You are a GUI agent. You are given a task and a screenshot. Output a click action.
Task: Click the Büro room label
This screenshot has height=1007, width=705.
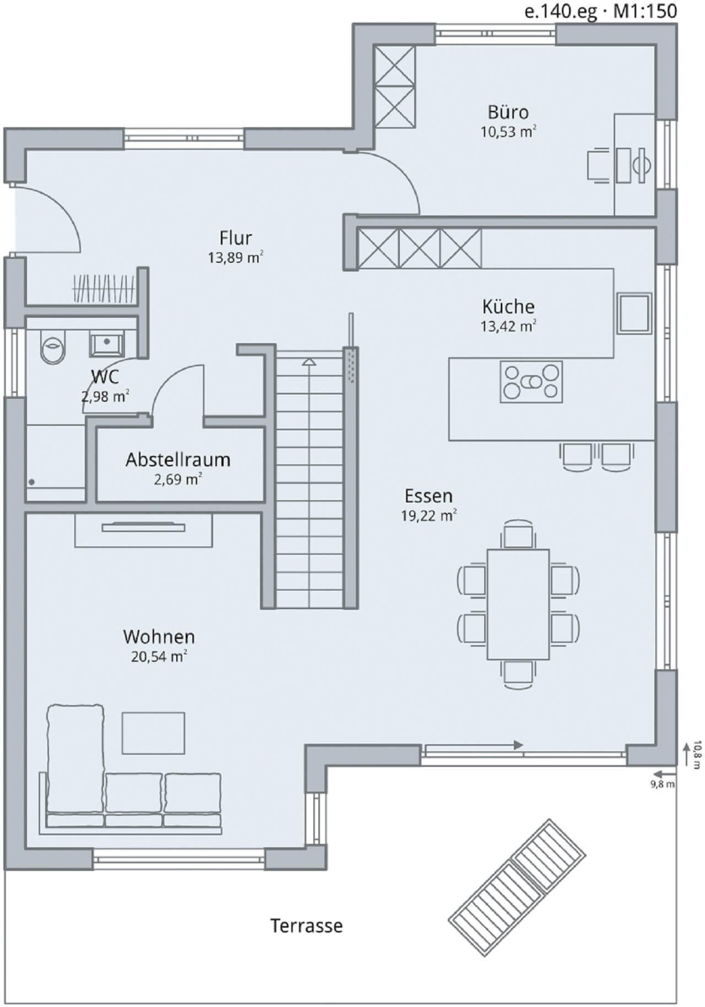508,112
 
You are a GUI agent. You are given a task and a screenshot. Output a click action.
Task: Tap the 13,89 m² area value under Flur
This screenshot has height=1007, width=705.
235,257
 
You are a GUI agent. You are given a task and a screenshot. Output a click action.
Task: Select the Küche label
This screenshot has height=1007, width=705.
508,307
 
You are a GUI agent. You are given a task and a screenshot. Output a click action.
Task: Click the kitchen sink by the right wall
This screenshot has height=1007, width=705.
634,313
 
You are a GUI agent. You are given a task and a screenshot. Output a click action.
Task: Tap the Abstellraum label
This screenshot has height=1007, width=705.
178,460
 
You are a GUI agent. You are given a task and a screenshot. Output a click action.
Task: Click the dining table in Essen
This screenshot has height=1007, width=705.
518,604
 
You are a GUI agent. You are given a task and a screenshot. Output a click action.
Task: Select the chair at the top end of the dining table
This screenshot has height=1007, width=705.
518,534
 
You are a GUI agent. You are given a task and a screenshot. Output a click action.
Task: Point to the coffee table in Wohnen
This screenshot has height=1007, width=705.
154,733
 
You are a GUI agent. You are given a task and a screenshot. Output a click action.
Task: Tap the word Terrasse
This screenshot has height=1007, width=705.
306,925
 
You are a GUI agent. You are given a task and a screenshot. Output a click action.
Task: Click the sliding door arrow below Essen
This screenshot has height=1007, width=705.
474,745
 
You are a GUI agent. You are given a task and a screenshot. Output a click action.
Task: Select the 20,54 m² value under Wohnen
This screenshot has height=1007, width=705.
159,656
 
